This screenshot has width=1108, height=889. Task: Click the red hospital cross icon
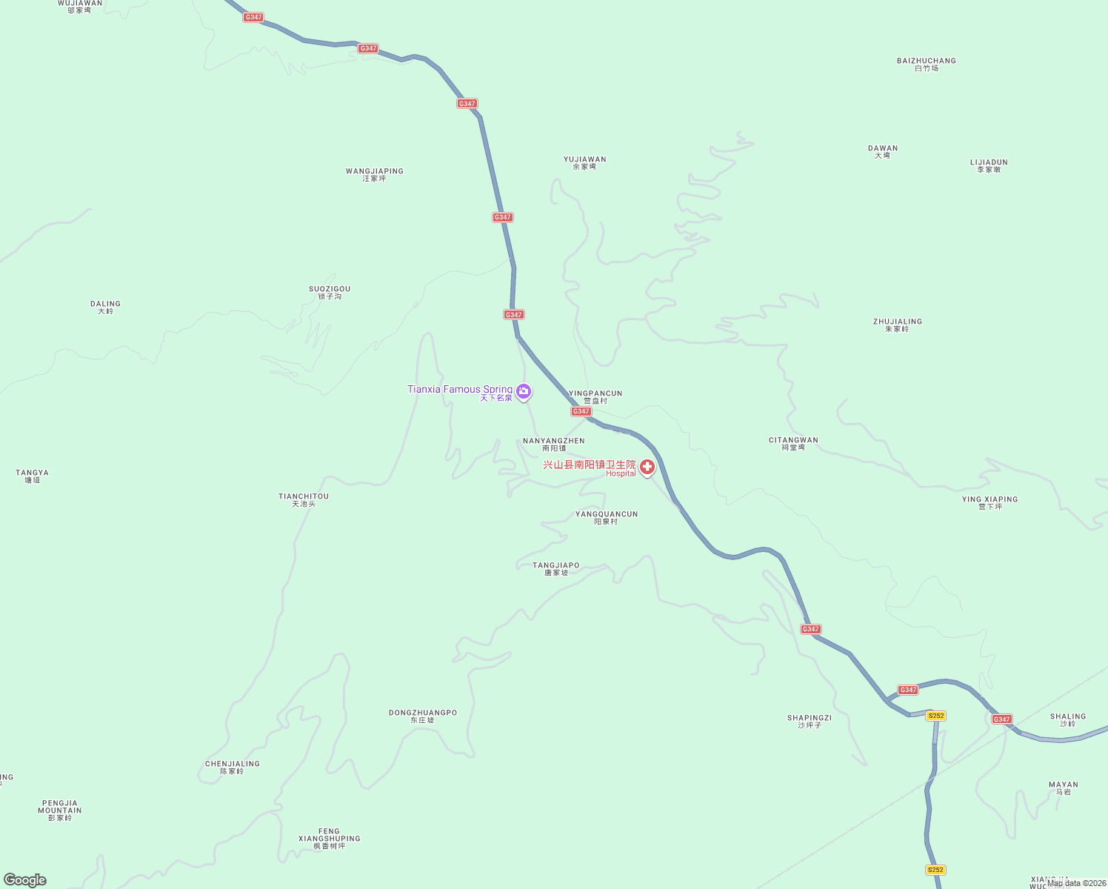[647, 467]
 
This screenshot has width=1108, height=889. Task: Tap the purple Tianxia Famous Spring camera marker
[524, 390]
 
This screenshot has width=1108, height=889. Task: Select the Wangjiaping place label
[374, 175]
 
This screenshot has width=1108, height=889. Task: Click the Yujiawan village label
[584, 163]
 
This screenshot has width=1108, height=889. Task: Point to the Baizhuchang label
[926, 64]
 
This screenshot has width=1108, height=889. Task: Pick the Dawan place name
[882, 152]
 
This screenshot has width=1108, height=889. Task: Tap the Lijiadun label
[989, 166]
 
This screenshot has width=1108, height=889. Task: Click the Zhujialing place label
[897, 325]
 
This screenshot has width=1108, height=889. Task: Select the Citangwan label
[793, 444]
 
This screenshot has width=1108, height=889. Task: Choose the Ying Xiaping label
[989, 503]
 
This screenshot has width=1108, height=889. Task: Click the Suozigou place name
[330, 293]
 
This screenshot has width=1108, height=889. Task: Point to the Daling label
[105, 307]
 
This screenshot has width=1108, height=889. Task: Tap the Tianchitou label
[304, 500]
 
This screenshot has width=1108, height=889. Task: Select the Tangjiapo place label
[556, 569]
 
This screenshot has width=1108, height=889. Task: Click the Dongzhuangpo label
[423, 716]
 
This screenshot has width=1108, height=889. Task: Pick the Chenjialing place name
[233, 768]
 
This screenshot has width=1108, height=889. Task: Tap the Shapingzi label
[809, 722]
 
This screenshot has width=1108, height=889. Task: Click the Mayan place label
[1063, 788]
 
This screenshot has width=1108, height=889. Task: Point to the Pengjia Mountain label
[60, 810]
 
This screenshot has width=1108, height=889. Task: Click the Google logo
[25, 880]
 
